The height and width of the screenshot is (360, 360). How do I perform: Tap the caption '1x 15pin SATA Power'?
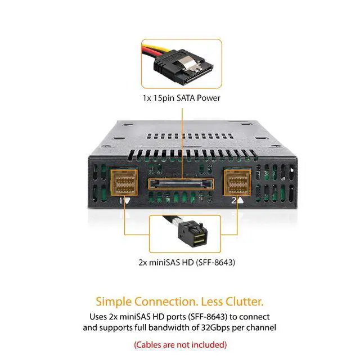181,98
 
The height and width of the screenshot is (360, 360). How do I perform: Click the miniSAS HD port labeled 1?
124,182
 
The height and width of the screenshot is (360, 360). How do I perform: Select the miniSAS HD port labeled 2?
237,182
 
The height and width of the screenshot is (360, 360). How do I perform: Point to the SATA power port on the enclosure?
181,184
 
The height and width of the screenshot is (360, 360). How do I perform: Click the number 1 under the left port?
121,201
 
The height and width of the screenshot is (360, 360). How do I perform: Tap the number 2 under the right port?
234,201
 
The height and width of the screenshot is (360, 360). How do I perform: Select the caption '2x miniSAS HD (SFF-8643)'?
187,262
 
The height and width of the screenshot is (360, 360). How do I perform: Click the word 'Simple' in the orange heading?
114,302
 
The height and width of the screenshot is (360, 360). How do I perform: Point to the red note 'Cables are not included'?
180,345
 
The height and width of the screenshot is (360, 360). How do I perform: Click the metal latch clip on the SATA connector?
190,63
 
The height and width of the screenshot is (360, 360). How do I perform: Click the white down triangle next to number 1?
127,201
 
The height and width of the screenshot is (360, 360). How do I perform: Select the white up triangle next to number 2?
240,200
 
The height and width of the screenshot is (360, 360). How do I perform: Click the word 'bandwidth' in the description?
170,327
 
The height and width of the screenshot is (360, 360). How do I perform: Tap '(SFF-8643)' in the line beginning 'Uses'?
208,317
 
